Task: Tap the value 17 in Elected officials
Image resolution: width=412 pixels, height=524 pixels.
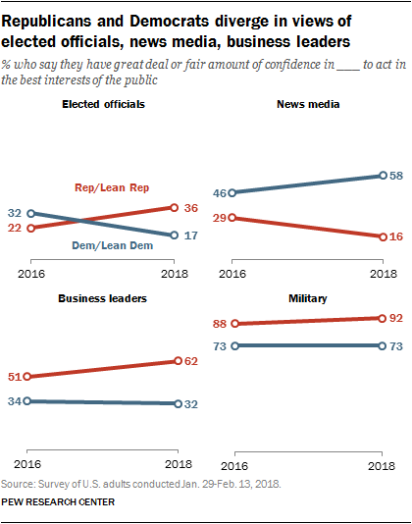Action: coord(193,236)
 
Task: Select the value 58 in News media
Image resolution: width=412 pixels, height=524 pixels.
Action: coord(397,176)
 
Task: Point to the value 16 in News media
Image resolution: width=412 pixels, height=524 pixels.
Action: coord(397,236)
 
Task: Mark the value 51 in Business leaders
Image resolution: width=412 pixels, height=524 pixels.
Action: coord(14,377)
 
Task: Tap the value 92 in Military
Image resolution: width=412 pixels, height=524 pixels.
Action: coord(397,318)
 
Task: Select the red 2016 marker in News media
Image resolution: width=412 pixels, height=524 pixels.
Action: coord(232,218)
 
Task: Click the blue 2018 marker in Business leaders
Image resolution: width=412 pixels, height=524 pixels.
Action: coord(177,403)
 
